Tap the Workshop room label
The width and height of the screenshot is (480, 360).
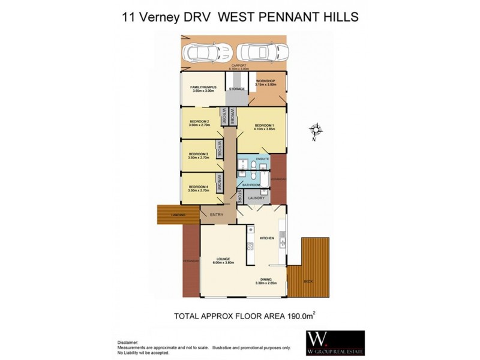pyautogui.click(x=265, y=82)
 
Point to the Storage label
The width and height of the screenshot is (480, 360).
pyautogui.click(x=237, y=89)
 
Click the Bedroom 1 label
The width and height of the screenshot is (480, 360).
pyautogui.click(x=263, y=124)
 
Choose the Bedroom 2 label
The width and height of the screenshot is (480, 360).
pyautogui.click(x=199, y=122)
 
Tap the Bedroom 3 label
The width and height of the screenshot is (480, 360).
pyautogui.click(x=198, y=154)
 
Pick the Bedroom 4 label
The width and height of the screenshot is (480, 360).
pyautogui.click(x=198, y=187)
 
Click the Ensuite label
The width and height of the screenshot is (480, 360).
pyautogui.click(x=262, y=158)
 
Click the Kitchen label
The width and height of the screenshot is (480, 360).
pyautogui.click(x=266, y=238)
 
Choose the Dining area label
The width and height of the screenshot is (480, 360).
pyautogui.click(x=266, y=280)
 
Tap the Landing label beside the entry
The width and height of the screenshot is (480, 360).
pyautogui.click(x=177, y=214)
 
